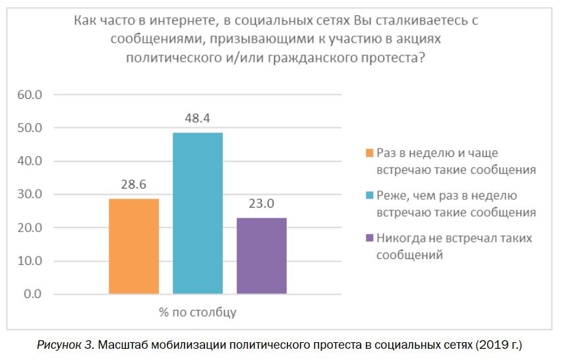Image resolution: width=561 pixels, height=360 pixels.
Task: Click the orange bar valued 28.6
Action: [134, 246]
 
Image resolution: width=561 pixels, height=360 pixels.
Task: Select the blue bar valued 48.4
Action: [198, 213]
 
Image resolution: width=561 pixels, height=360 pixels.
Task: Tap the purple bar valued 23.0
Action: [262, 255]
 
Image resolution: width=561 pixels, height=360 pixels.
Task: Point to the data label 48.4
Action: [198, 119]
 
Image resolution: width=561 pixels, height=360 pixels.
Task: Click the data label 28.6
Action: [134, 185]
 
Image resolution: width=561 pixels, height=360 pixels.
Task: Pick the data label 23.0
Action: [262, 204]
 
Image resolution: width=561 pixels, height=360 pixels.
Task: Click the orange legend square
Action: [370, 153]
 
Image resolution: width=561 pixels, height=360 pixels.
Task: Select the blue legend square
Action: [370, 196]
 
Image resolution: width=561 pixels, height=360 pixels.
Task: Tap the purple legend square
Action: [370, 238]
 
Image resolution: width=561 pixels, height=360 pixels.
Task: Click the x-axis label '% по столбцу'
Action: [198, 313]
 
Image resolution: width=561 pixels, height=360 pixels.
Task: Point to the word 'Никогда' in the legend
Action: [398, 238]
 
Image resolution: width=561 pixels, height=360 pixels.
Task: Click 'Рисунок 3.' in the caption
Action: [65, 345]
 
